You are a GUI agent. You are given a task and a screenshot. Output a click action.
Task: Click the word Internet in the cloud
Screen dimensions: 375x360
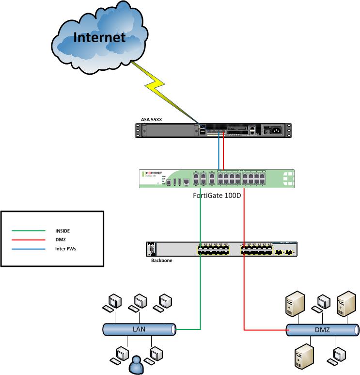pos(99,37)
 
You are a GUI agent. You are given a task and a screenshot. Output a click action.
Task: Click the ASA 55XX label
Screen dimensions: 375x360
pos(148,118)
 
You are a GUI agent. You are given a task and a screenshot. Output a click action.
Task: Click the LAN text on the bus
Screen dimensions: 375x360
pos(139,329)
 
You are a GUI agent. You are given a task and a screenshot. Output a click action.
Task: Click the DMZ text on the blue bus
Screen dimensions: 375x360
pos(322,329)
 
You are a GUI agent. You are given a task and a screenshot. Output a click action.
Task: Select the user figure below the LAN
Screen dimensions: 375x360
pos(136,365)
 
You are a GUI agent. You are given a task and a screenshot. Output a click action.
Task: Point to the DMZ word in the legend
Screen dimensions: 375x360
pos(60,239)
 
